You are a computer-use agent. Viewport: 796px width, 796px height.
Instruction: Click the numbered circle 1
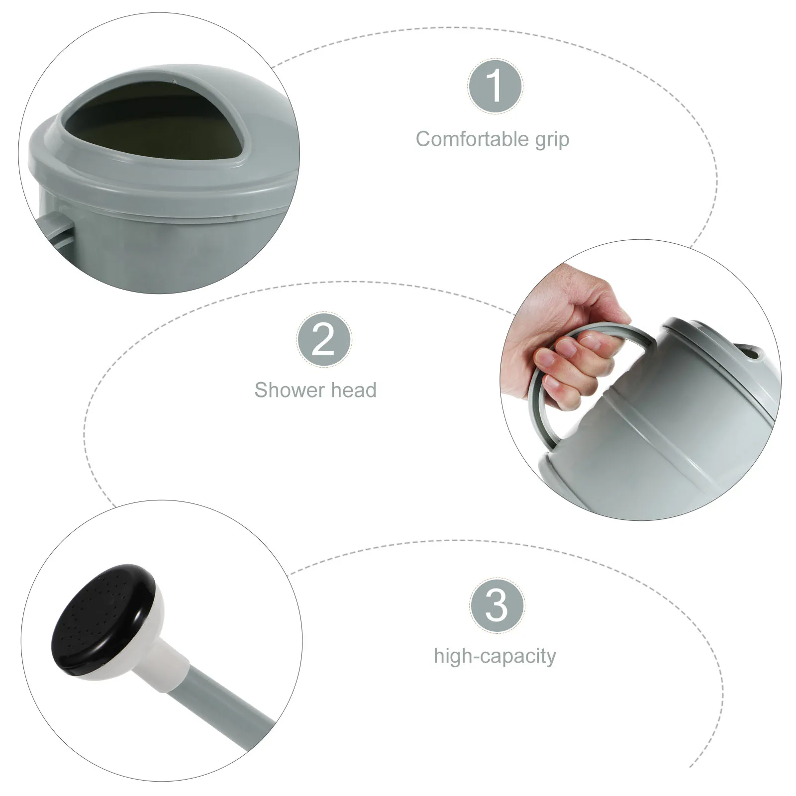click(495, 86)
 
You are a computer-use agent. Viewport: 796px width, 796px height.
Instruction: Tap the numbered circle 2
click(324, 340)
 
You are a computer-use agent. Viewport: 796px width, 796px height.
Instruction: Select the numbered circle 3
click(497, 605)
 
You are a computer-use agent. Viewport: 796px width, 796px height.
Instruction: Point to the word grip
click(552, 140)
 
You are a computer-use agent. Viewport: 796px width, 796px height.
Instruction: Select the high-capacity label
click(495, 656)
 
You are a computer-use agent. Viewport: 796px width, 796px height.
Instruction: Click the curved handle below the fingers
click(542, 423)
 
